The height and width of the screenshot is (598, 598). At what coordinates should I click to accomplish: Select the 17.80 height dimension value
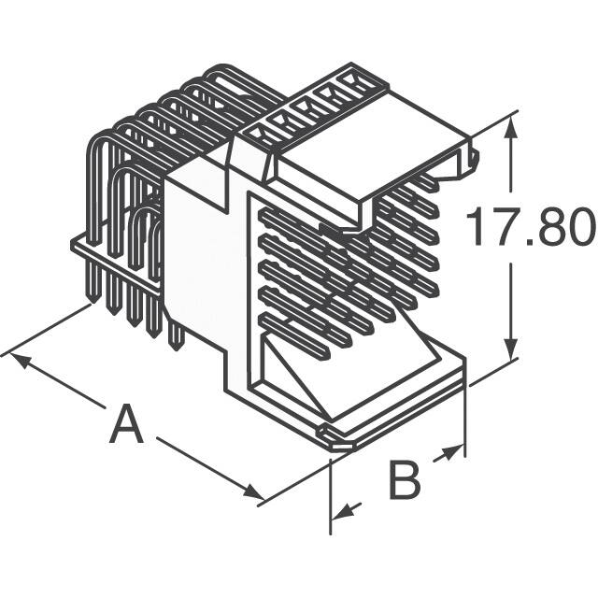pyautogui.click(x=530, y=229)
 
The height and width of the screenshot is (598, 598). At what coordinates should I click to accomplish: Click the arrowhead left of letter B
pyautogui.click(x=342, y=512)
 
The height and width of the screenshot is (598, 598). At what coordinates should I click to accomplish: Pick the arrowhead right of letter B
pyautogui.click(x=455, y=452)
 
